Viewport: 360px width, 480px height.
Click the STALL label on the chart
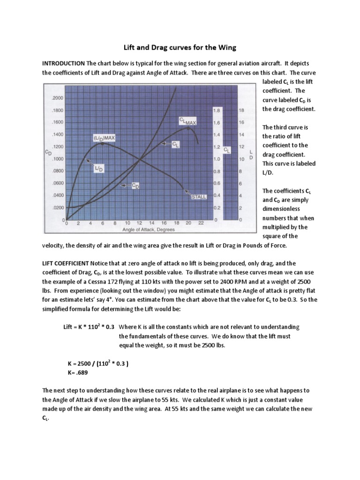(x=198, y=197)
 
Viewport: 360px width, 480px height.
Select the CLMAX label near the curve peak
(x=187, y=121)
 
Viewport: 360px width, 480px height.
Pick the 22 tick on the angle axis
(x=201, y=224)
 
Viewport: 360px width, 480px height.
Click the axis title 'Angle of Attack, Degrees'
(x=149, y=230)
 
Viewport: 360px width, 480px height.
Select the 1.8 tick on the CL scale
(x=216, y=111)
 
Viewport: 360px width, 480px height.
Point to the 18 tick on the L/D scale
(x=241, y=111)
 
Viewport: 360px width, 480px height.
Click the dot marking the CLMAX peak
(x=188, y=127)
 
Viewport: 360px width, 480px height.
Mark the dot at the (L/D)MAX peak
(x=103, y=143)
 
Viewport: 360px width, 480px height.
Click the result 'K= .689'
(x=78, y=373)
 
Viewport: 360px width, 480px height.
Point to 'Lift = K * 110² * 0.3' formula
(x=89, y=327)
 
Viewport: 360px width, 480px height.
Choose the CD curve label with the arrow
(x=135, y=186)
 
